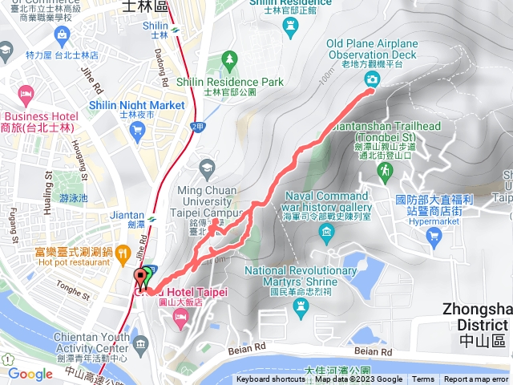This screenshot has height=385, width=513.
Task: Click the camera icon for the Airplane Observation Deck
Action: [372, 78]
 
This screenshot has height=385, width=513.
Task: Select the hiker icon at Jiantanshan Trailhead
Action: [386, 170]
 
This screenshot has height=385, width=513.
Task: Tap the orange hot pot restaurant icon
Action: [123, 256]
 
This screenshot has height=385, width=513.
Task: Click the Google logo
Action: [30, 374]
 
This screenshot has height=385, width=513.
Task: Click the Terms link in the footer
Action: [423, 379]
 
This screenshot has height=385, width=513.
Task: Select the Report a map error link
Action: [476, 379]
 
